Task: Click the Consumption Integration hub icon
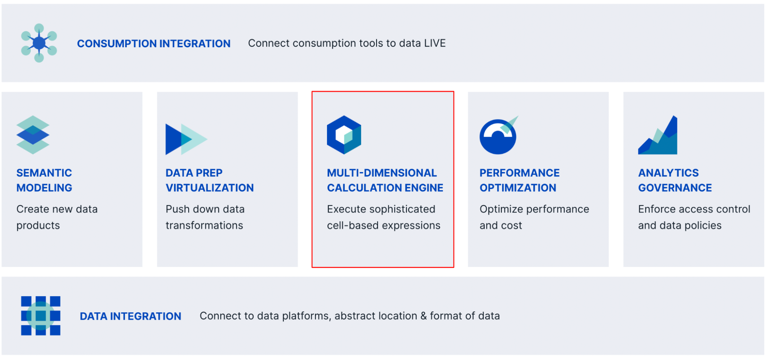39,43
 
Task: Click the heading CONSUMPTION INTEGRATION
154,44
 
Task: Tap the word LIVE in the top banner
435,43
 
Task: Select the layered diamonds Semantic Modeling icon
33,135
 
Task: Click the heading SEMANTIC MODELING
44,180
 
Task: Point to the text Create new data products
57,217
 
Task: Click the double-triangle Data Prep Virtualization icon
186,139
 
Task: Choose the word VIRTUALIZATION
209,188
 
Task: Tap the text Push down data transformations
205,217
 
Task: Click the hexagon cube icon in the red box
344,135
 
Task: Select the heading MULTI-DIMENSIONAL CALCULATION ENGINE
385,180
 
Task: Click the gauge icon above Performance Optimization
498,136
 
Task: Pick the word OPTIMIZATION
518,188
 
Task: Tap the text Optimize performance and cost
534,217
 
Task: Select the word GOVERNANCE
675,188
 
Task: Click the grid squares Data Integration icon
41,316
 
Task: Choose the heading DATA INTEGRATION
130,316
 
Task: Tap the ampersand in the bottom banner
423,316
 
